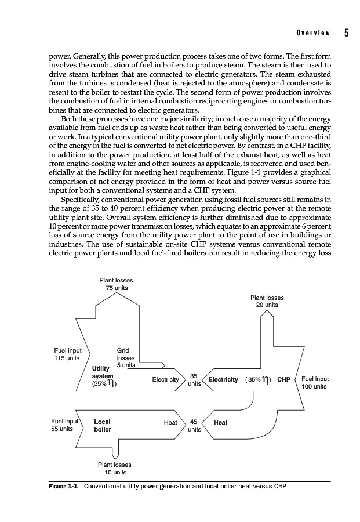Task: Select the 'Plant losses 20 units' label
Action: (x=267, y=301)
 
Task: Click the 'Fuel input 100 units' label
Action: (x=315, y=383)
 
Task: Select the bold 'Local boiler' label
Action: (x=102, y=426)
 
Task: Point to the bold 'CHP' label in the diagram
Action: (x=283, y=380)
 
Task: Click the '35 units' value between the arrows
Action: (x=194, y=379)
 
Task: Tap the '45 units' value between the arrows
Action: (x=194, y=426)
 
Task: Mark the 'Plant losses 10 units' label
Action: (x=114, y=468)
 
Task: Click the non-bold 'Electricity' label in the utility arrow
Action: (x=165, y=380)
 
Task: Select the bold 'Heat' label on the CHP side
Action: (x=220, y=422)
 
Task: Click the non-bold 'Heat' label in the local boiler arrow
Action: (x=170, y=422)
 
